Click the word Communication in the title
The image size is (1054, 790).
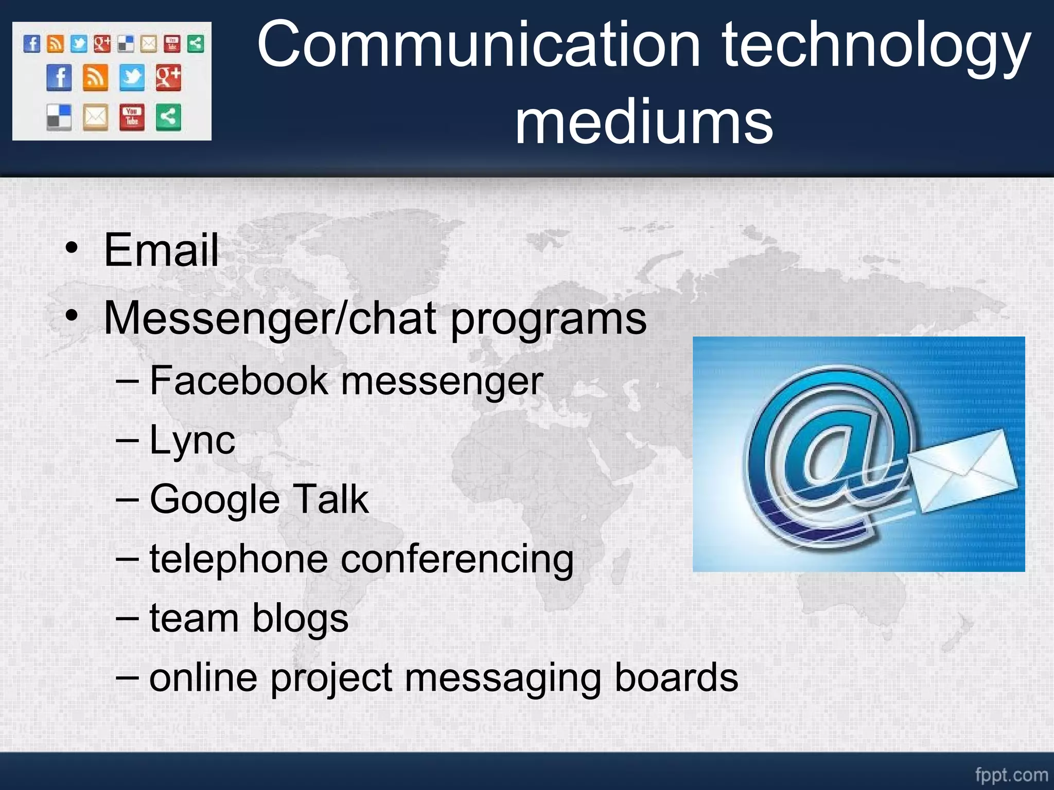coord(479,45)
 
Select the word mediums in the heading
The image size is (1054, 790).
coord(644,122)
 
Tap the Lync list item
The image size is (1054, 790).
coord(192,441)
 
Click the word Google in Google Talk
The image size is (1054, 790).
coord(215,500)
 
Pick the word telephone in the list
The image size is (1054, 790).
coord(238,559)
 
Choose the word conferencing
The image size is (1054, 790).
coord(457,560)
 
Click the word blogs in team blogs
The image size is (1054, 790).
coord(300,619)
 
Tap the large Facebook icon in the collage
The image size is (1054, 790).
coord(59,78)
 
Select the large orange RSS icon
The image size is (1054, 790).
coord(96,78)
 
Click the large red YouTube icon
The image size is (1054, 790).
coord(132,117)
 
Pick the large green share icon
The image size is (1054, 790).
coord(168,117)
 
